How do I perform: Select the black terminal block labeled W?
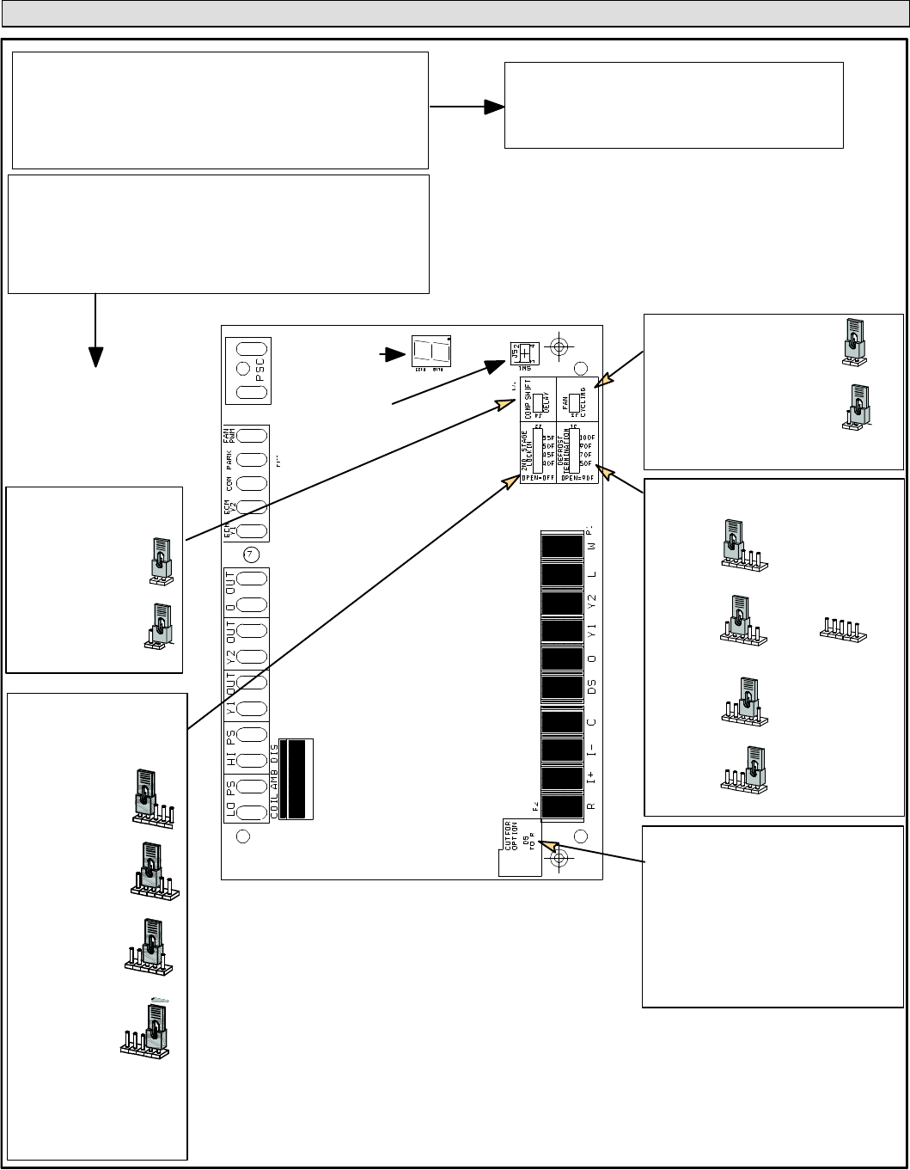[563, 545]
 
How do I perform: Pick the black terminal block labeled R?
[563, 806]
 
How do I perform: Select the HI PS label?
[230, 743]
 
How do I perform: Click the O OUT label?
[230, 592]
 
